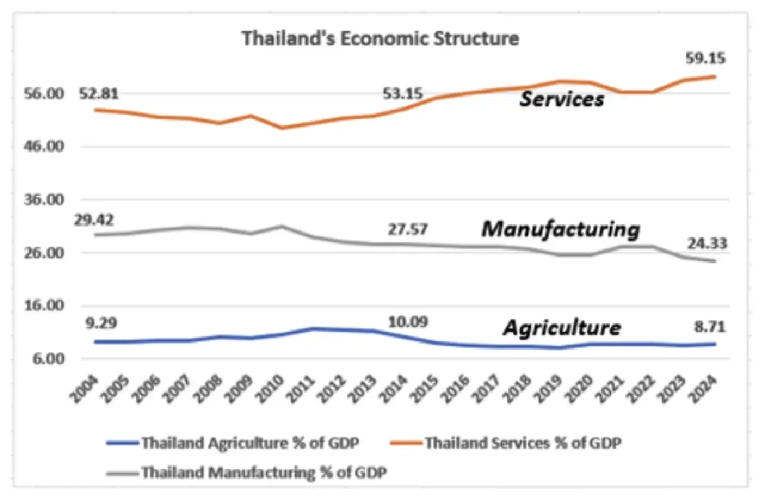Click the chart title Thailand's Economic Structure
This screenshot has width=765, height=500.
[x=381, y=39]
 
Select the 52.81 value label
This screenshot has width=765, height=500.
[x=100, y=94]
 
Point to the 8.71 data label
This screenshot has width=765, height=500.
[x=708, y=328]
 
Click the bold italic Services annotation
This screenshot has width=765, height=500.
[x=561, y=100]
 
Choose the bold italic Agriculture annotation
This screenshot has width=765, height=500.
[x=561, y=328]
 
